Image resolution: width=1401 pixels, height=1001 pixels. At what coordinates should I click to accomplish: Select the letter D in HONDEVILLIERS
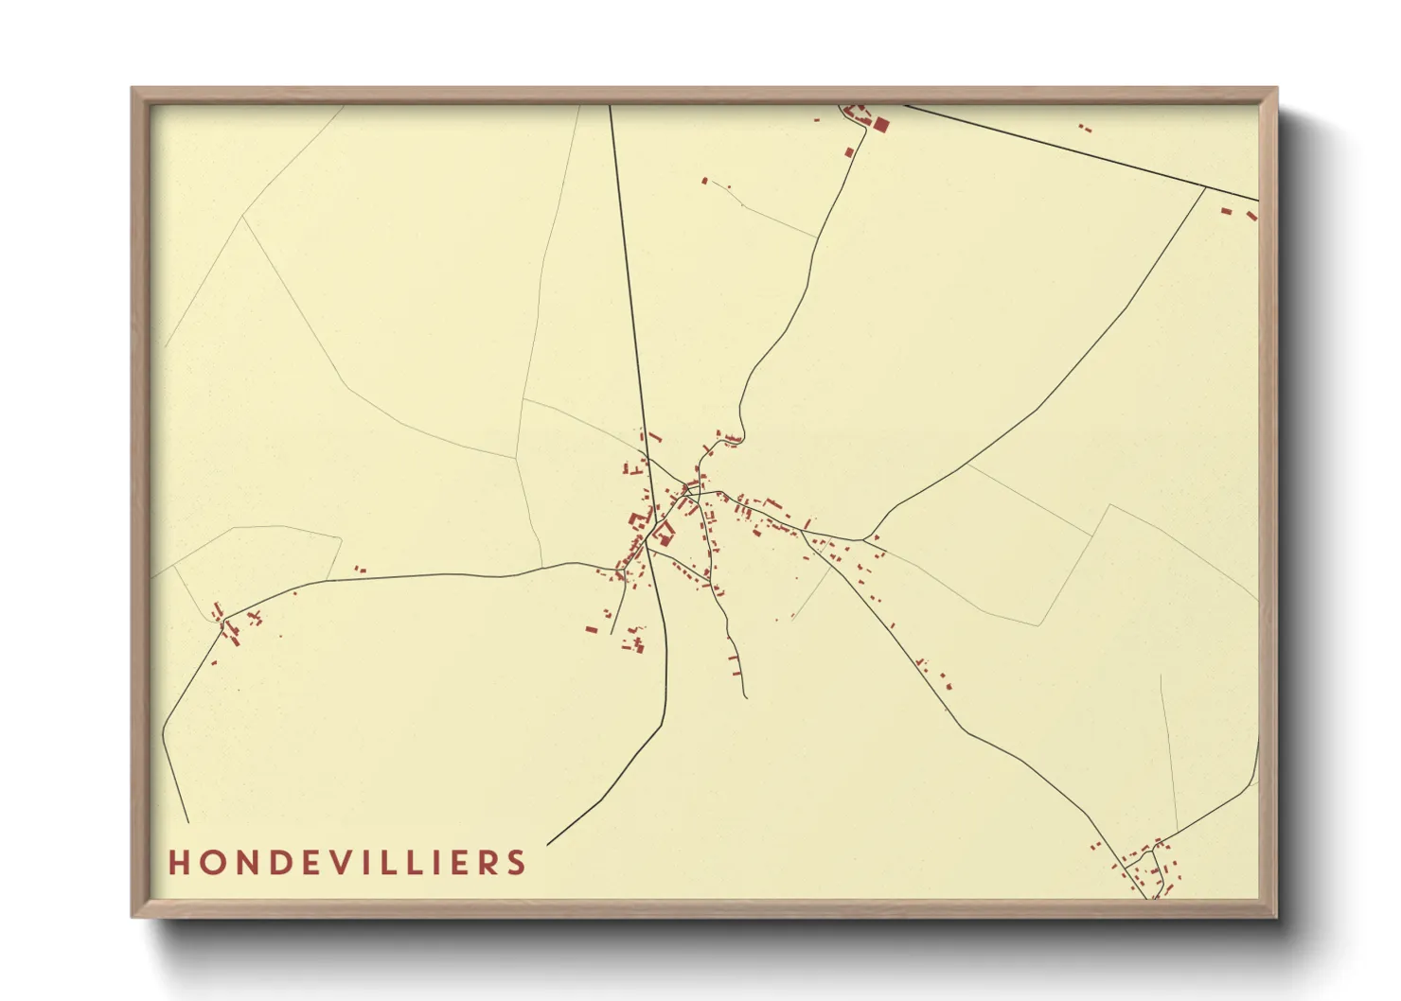282,863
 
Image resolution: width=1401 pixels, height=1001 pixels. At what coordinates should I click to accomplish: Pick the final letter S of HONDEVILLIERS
516,863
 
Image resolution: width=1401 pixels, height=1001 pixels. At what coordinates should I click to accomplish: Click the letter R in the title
487,863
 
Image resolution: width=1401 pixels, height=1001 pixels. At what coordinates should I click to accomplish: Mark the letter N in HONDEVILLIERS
246,863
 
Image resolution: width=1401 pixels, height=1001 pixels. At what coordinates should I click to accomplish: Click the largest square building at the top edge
880,124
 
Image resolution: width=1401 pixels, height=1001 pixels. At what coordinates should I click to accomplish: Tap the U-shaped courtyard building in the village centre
664,534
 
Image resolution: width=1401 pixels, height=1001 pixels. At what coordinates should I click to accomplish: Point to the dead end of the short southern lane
746,697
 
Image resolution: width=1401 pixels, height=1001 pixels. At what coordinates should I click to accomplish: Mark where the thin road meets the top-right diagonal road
1205,187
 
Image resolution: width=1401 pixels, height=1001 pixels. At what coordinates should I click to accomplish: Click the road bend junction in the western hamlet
224,620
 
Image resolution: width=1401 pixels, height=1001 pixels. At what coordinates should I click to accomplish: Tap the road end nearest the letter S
548,843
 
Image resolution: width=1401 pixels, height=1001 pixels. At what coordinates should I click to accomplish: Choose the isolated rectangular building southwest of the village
592,629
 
